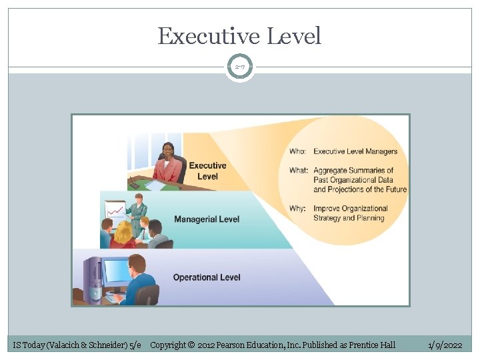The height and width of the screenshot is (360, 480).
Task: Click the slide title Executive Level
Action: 239,36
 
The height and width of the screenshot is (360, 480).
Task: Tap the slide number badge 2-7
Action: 239,67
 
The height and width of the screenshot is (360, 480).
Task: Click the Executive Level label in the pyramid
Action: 207,171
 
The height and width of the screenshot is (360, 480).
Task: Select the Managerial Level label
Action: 207,219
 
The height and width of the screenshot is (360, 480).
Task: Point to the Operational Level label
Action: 207,277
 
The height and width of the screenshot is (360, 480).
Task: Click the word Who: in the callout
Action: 298,152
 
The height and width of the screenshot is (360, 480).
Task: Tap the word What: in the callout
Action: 299,171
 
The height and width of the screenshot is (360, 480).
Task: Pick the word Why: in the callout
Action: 297,209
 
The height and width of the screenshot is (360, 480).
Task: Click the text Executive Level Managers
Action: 355,152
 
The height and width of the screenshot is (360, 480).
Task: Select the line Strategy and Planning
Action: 349,218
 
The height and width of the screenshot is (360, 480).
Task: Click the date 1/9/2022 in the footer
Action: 445,345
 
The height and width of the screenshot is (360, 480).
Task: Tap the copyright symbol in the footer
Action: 191,345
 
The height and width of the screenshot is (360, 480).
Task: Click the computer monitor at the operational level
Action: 115,272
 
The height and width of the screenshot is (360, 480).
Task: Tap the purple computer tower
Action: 91,275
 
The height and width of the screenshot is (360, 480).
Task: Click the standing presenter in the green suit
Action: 138,213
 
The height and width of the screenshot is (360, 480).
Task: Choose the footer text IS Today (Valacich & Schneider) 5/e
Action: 77,345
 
